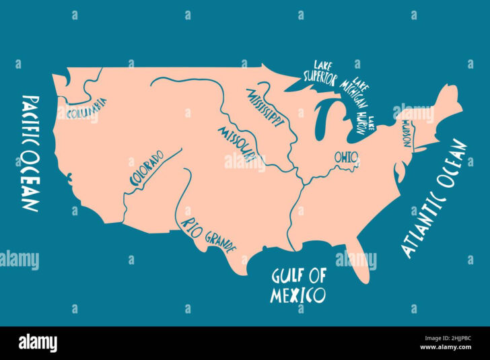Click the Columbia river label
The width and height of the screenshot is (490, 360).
[x=86, y=107]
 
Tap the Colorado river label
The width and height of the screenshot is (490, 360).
[x=145, y=168]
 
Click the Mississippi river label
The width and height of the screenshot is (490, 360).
[x=265, y=107]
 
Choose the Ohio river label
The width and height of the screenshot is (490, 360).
[x=346, y=157]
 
